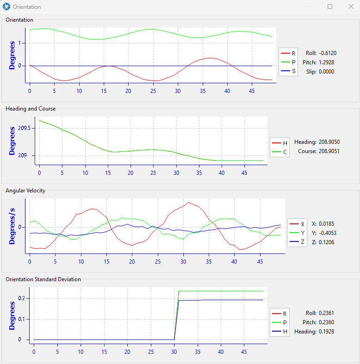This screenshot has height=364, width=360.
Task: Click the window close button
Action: click(351, 6)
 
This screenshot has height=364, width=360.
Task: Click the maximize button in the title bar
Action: click(330, 6)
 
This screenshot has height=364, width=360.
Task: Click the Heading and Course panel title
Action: click(31, 109)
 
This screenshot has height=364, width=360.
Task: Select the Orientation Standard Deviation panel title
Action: click(43, 279)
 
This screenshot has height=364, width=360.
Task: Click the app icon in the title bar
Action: click(6, 6)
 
